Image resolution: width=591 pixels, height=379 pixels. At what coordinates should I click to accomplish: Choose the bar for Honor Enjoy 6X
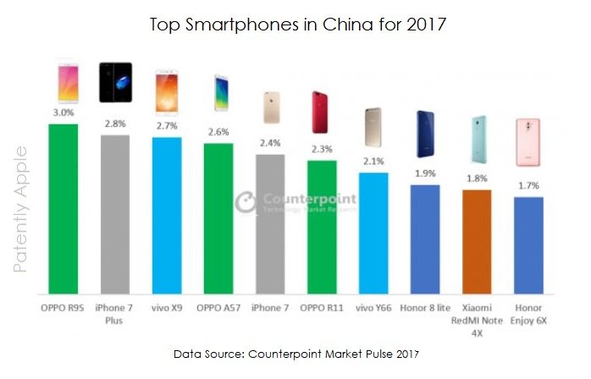[x=528, y=244]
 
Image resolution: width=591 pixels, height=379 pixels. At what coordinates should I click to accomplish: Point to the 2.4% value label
[x=270, y=142]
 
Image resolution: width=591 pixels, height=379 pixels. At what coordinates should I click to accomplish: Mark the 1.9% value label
[x=425, y=173]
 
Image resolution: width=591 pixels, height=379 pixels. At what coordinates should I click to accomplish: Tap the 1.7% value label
[x=528, y=186]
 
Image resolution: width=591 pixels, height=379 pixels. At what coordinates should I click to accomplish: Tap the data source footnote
[x=295, y=352]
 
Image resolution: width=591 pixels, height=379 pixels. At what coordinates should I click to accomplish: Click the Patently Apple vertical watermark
[x=22, y=209]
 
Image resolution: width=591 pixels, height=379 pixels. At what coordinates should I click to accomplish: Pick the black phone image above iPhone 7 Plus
[x=115, y=83]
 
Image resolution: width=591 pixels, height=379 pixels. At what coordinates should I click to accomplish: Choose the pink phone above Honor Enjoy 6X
[x=528, y=142]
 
